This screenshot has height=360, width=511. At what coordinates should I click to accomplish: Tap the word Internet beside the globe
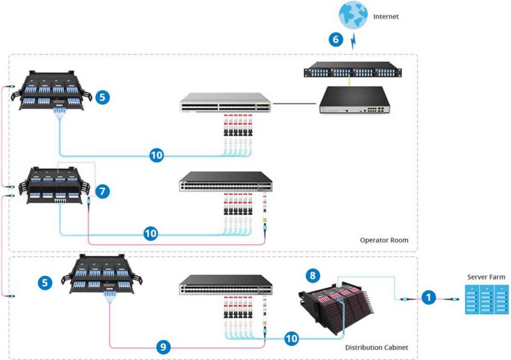coord(385,16)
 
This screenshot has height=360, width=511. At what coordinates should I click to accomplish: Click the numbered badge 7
coord(102,192)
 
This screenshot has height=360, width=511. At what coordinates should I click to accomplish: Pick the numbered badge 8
coord(313,274)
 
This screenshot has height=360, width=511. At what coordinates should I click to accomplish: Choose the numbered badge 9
coord(163,346)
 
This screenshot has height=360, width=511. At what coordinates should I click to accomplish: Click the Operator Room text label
coord(384,240)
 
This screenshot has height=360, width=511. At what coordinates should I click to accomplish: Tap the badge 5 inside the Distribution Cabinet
coord(45,283)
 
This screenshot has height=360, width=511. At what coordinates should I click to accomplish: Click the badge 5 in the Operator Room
coord(102,97)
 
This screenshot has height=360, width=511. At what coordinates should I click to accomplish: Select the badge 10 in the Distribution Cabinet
coord(291,338)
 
